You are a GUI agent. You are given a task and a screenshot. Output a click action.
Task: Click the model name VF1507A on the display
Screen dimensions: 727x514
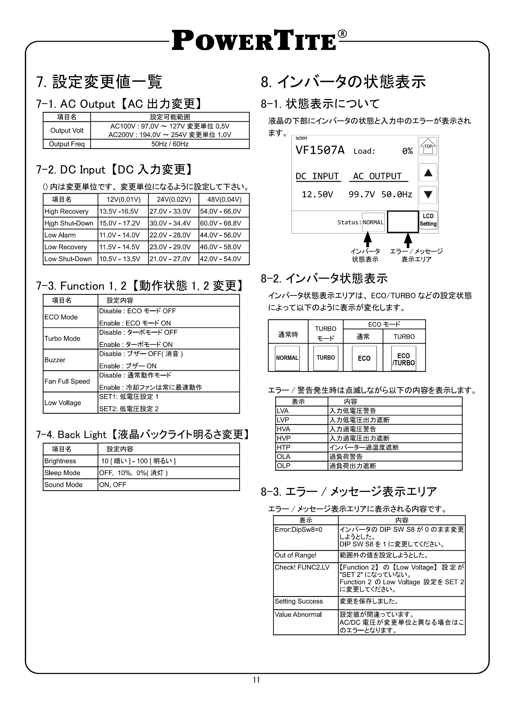coord(320,150)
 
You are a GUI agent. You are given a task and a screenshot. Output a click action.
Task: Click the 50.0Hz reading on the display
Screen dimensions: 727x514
coord(397,194)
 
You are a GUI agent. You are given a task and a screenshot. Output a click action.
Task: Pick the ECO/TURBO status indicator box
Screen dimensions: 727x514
coord(404,359)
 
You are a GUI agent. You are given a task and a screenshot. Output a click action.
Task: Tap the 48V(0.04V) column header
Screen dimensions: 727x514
coord(224,200)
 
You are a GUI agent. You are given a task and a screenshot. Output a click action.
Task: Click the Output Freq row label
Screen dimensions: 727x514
coord(67,144)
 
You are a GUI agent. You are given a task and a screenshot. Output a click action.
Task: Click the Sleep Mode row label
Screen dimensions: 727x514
coord(62,473)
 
